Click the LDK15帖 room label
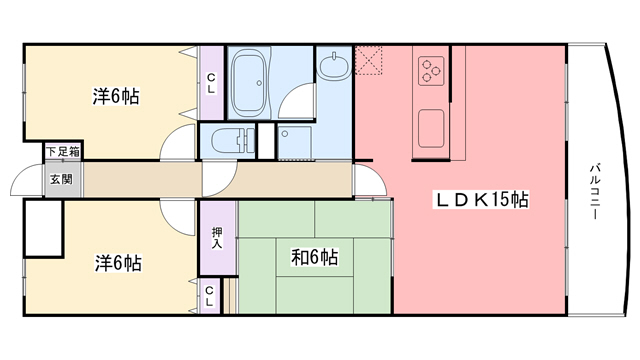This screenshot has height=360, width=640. (481, 200)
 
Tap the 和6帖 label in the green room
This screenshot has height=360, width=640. (314, 257)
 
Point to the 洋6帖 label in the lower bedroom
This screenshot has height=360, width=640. (117, 263)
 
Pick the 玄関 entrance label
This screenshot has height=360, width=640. (61, 180)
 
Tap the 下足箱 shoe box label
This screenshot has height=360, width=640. (61, 152)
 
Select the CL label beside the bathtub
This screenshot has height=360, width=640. (211, 84)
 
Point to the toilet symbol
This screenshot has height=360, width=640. (228, 139)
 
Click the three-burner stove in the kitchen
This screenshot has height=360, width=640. (431, 69)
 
